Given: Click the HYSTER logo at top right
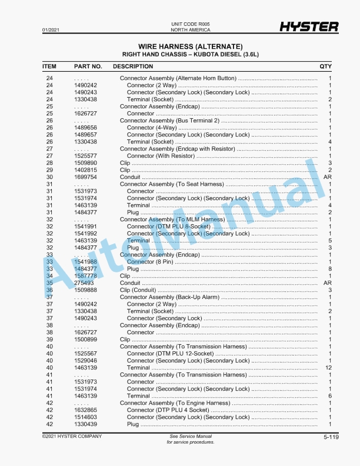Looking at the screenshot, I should pos(309,26).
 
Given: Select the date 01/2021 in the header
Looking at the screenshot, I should pos(50,29).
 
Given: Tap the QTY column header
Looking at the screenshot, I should pos(325,66).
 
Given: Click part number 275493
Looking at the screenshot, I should pos(84,283).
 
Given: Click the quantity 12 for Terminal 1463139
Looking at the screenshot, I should pos(329,368).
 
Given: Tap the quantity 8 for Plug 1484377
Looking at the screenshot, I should pos(330,269).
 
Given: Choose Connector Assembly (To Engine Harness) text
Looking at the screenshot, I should pos(175,403).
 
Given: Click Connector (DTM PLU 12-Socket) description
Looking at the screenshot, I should pos(170,354).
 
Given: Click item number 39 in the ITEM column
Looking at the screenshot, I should pos(49,339).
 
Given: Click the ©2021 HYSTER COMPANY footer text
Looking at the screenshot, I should pos(72,436).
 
